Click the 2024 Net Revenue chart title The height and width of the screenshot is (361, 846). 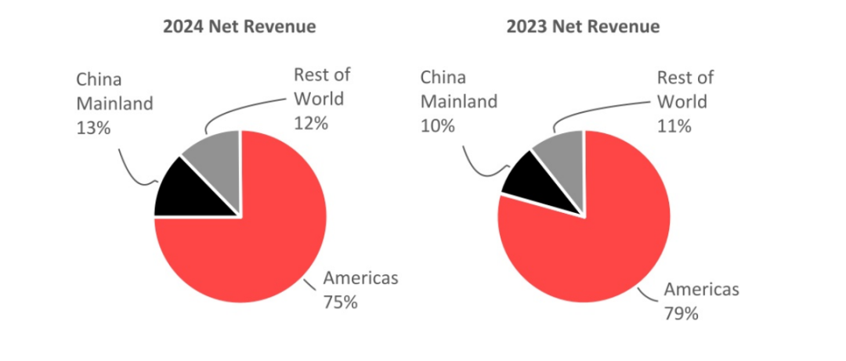point(239,27)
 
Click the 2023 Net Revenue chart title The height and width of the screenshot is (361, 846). point(583,27)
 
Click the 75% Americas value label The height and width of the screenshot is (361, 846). point(340,301)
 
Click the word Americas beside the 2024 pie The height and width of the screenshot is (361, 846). point(360,278)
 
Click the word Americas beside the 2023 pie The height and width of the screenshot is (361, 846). point(701,290)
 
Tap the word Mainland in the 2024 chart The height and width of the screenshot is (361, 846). point(114,102)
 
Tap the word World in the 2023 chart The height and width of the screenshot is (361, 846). point(681,101)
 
